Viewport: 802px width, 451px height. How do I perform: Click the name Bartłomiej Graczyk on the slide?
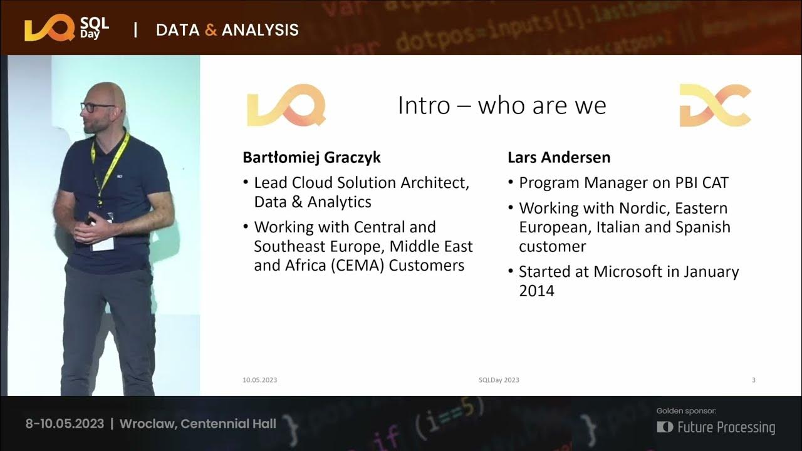click(x=311, y=157)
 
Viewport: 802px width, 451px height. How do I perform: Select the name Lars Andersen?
click(x=559, y=157)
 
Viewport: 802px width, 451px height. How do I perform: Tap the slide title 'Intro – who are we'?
click(x=502, y=105)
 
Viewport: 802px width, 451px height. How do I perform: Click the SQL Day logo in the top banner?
click(x=66, y=29)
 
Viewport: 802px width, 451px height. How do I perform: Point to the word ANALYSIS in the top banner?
click(x=260, y=29)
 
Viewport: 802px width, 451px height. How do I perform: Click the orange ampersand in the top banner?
click(x=211, y=29)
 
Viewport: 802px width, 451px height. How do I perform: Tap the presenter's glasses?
click(x=96, y=107)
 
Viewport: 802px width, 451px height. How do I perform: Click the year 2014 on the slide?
click(x=536, y=291)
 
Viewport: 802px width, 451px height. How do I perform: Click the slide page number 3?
click(x=753, y=380)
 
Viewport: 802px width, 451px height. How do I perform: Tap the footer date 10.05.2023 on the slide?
click(x=259, y=380)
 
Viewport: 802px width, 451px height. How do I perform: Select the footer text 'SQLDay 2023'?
click(x=498, y=380)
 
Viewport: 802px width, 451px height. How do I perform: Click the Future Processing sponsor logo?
click(x=716, y=427)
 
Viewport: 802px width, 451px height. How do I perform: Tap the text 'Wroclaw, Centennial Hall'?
click(x=197, y=423)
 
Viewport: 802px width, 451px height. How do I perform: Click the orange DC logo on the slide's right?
click(x=715, y=105)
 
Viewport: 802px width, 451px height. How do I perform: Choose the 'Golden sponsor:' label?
click(x=686, y=411)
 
